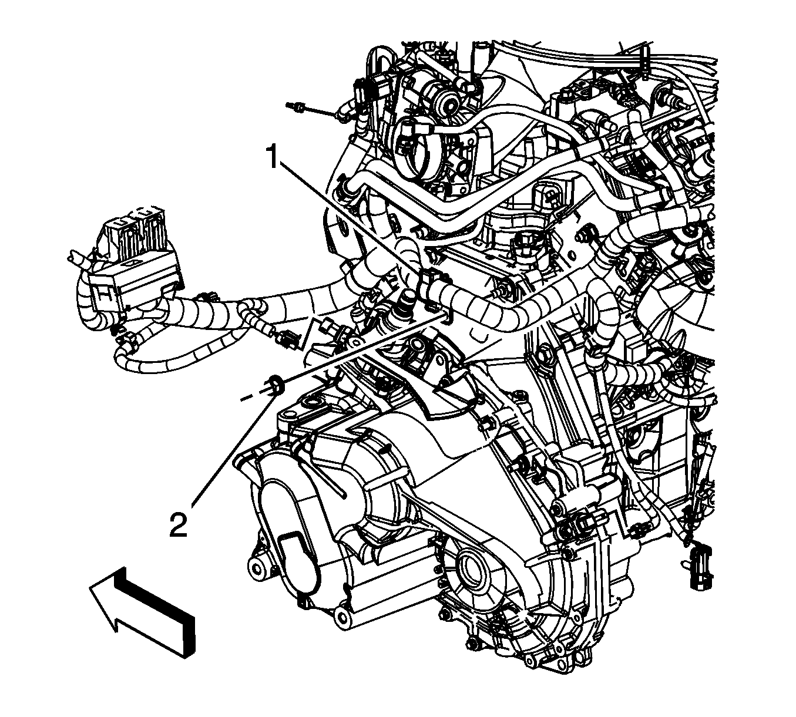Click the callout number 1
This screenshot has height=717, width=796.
tap(274, 157)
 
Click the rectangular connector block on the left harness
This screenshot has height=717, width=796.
tap(135, 278)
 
